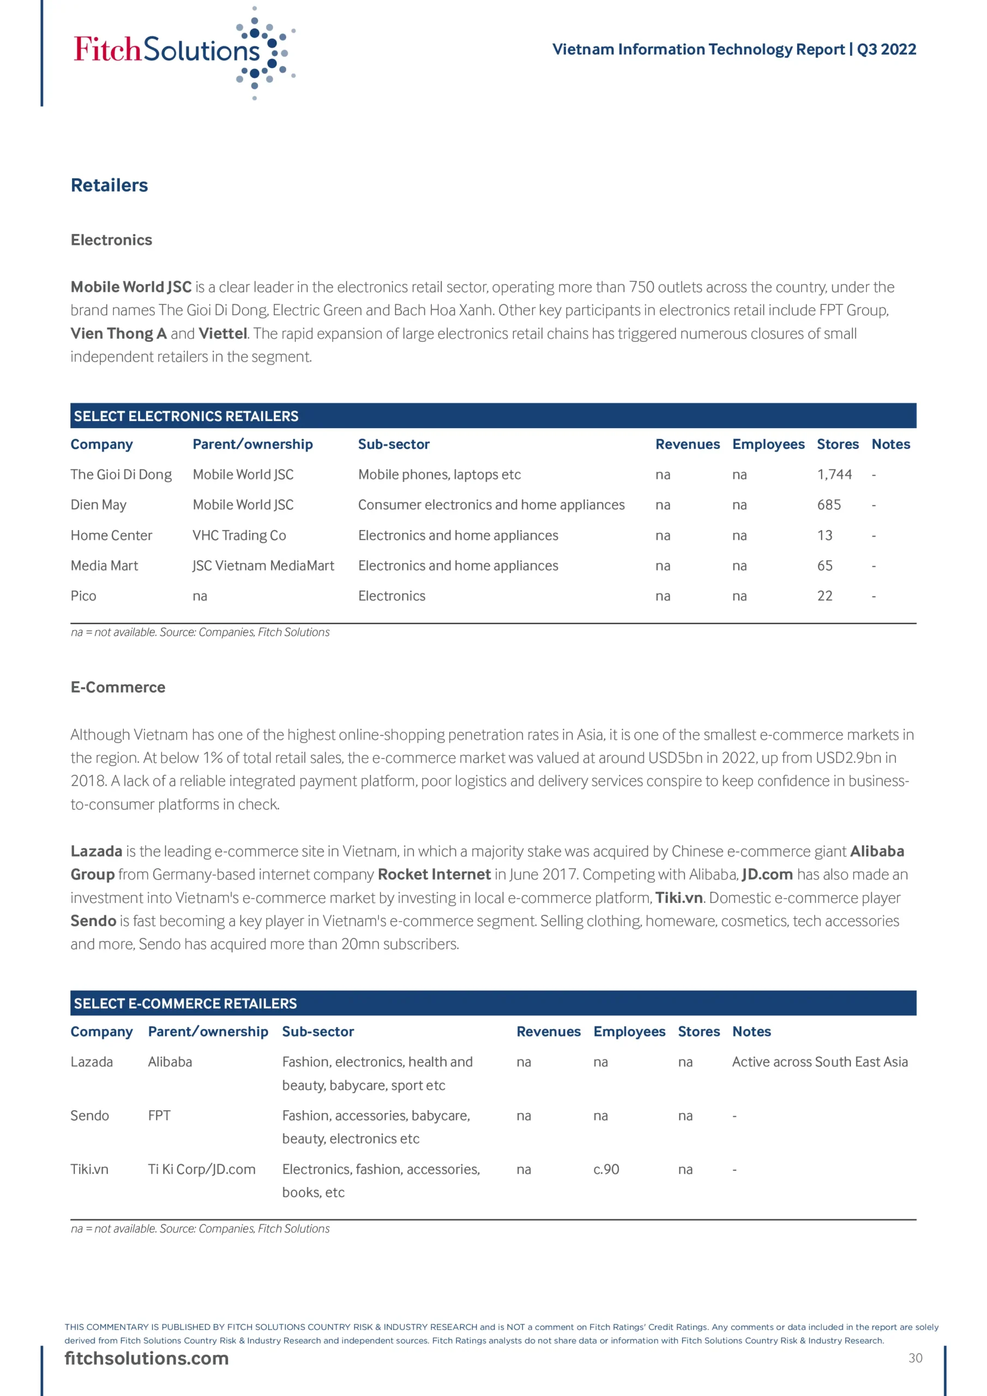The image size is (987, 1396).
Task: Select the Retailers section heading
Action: [110, 185]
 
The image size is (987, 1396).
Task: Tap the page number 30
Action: [915, 1358]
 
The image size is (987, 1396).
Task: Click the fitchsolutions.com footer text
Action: [147, 1358]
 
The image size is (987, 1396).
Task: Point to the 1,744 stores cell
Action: [834, 474]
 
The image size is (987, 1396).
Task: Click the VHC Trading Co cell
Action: [239, 535]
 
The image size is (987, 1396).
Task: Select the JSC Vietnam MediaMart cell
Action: [263, 565]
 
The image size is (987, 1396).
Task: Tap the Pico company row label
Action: [83, 596]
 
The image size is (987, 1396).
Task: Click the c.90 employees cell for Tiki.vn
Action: [606, 1169]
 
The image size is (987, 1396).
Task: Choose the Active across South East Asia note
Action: [820, 1062]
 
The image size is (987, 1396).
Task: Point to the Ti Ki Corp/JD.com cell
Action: [202, 1169]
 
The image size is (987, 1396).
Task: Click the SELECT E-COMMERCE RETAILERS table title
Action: [185, 1003]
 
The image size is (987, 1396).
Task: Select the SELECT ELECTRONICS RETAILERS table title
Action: [186, 416]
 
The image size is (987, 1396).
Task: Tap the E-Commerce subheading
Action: [118, 687]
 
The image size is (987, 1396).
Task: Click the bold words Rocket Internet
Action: [434, 874]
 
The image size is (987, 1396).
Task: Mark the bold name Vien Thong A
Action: [118, 333]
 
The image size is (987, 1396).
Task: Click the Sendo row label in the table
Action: [90, 1116]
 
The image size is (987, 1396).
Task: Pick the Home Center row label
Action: [111, 535]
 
